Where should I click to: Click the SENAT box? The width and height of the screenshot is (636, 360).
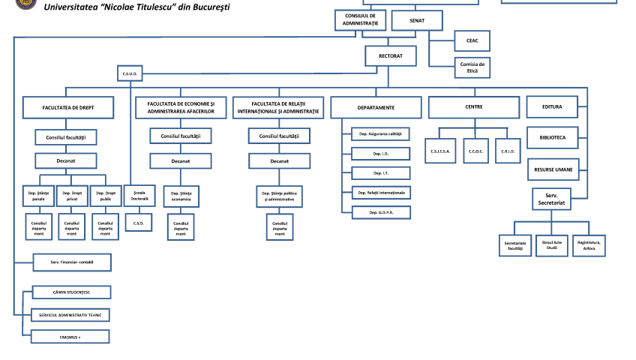coord(417,21)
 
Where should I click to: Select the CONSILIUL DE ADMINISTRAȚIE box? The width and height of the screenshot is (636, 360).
coord(360,21)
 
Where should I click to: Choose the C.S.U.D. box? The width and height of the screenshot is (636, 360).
coord(128,73)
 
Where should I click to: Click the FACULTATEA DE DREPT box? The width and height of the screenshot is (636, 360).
coord(68,108)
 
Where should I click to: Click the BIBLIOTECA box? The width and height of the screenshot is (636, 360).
coord(553,138)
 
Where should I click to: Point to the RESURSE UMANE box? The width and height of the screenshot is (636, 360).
coord(553,169)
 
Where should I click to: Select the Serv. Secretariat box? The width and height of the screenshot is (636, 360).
coord(552,199)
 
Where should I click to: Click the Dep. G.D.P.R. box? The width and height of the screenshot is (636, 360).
coord(381,213)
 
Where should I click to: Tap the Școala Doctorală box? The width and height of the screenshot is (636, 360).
coord(139,196)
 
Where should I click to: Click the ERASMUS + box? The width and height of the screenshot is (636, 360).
coord(70,336)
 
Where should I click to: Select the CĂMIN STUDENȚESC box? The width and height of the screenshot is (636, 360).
coord(70,292)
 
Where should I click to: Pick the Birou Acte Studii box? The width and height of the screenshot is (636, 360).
coord(552,244)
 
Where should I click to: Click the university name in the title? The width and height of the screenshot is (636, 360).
coord(137,7)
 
